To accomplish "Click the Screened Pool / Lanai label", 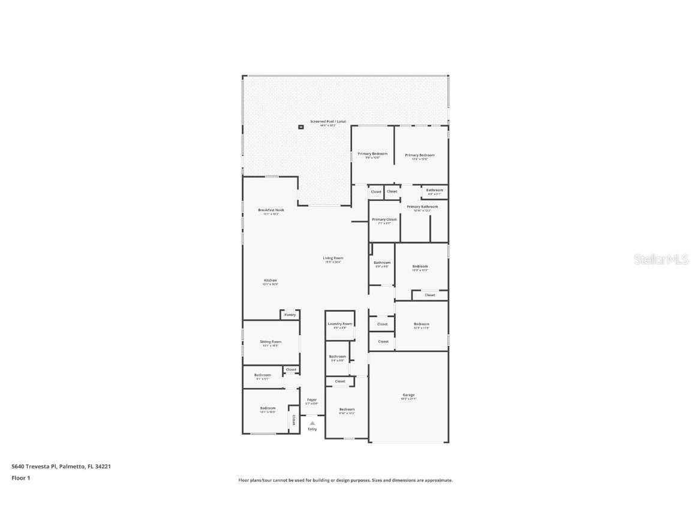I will click(x=328, y=122).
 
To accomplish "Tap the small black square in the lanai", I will click(x=301, y=127).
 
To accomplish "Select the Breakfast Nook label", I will click(x=271, y=210).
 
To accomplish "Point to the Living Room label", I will click(x=333, y=258).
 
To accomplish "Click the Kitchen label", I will click(x=271, y=281).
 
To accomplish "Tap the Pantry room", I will click(x=290, y=315).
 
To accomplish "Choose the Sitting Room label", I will click(x=271, y=342).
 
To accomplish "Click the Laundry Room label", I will click(x=340, y=324).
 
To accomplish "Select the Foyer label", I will click(x=312, y=400).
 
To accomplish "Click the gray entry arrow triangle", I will click(x=312, y=423).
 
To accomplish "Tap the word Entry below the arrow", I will click(x=313, y=429).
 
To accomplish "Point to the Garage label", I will click(x=408, y=395).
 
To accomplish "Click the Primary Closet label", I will click(x=384, y=219).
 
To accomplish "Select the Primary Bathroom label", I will click(x=426, y=207).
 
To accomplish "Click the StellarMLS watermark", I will click(x=661, y=259).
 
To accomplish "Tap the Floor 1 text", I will click(x=20, y=478).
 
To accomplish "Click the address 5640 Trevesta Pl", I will click(x=34, y=466).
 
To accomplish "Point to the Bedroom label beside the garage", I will click(x=347, y=409).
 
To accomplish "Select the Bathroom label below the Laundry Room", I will click(x=337, y=357).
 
